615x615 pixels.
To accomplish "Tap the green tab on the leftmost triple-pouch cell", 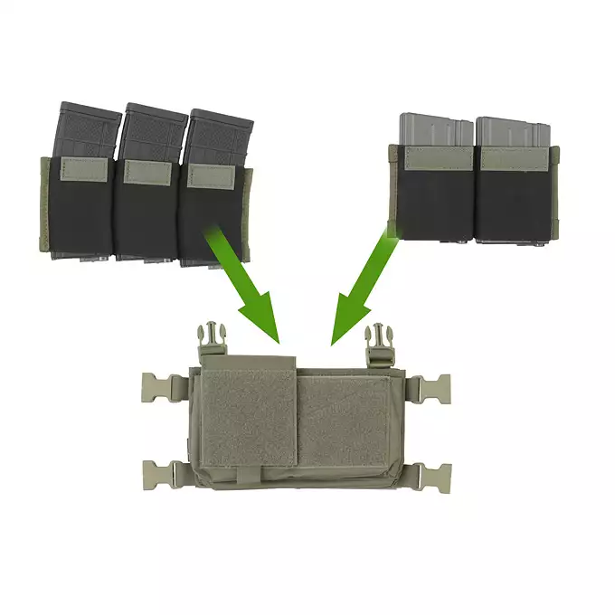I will (x=83, y=166).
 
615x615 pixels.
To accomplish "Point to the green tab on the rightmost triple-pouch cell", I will (x=211, y=175).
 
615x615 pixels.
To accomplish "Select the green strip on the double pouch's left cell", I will (x=436, y=159).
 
